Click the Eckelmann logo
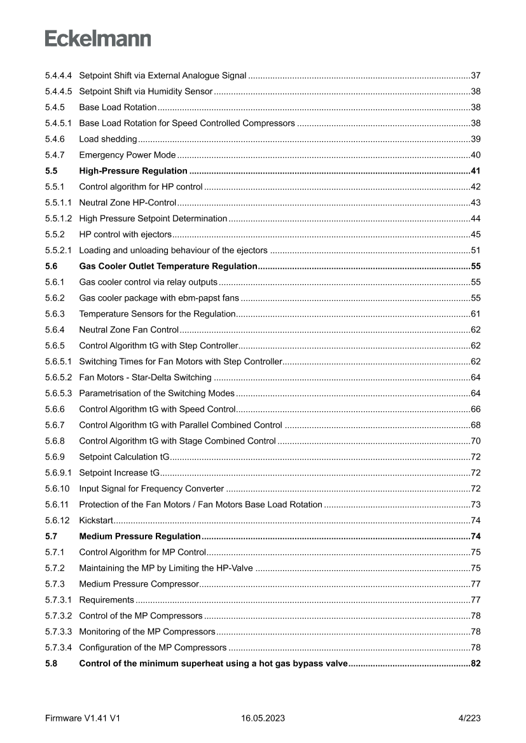coord(98,39)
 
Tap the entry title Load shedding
coord(107,139)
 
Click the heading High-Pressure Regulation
coord(133,171)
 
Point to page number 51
coord(475,250)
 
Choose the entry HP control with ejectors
coord(125,235)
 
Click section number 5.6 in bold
coord(52,266)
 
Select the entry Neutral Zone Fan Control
coord(128,330)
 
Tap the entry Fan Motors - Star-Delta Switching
coord(145,378)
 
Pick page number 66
coord(475,409)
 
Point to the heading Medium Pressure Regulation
coord(140,536)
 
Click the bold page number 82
coord(475,664)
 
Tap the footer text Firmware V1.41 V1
coord(83,718)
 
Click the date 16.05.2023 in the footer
coord(263,718)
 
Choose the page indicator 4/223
coord(469,718)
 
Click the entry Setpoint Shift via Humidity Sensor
coord(146,92)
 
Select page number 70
coord(475,441)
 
